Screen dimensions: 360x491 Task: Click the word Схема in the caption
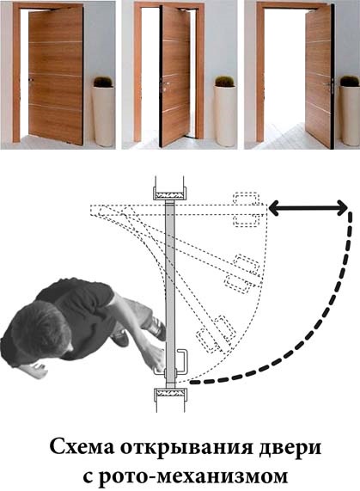[82, 447]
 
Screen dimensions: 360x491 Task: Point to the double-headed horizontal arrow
[308, 208]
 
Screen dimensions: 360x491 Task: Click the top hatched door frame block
[169, 194]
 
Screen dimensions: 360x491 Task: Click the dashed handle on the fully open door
[247, 209]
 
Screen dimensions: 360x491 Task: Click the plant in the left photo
[103, 82]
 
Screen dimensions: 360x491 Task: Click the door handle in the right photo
[329, 85]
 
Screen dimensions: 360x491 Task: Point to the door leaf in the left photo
[57, 75]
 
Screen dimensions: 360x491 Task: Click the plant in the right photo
[349, 81]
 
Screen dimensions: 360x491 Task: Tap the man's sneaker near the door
[157, 331]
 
